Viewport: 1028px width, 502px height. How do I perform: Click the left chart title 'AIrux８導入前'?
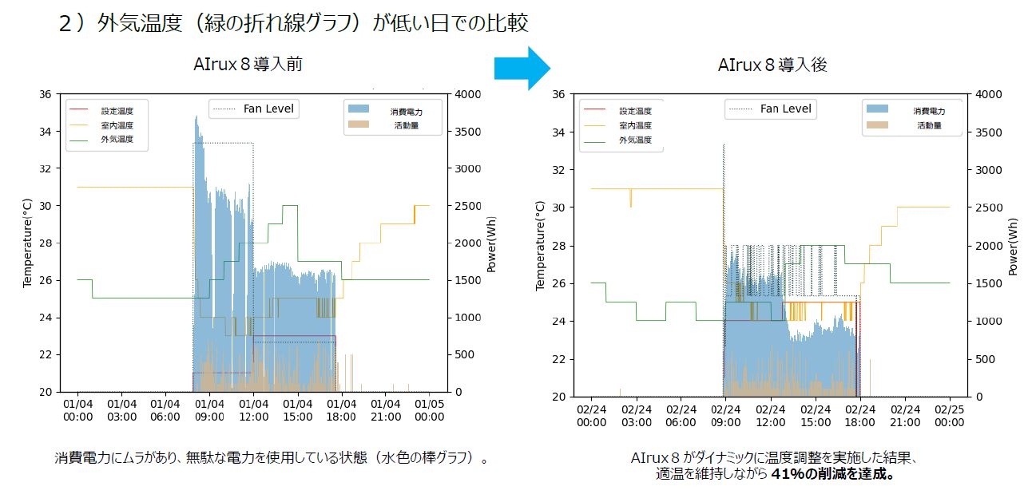click(248, 65)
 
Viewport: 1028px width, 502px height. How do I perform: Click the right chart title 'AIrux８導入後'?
click(772, 65)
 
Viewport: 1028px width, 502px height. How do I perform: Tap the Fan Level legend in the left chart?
click(254, 109)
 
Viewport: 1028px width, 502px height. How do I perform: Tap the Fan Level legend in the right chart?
click(771, 109)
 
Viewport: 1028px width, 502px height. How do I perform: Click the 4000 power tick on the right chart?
click(982, 94)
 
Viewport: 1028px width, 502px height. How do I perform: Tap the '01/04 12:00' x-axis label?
click(253, 410)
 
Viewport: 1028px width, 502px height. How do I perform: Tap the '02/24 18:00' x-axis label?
click(859, 415)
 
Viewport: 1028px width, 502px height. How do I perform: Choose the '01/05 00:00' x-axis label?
click(430, 410)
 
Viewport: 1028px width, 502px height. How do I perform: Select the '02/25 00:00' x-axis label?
click(949, 415)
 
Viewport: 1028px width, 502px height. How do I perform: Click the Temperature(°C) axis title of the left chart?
click(26, 243)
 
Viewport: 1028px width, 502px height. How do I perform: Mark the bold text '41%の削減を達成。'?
click(832, 474)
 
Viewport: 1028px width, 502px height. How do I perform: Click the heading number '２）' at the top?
click(73, 23)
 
